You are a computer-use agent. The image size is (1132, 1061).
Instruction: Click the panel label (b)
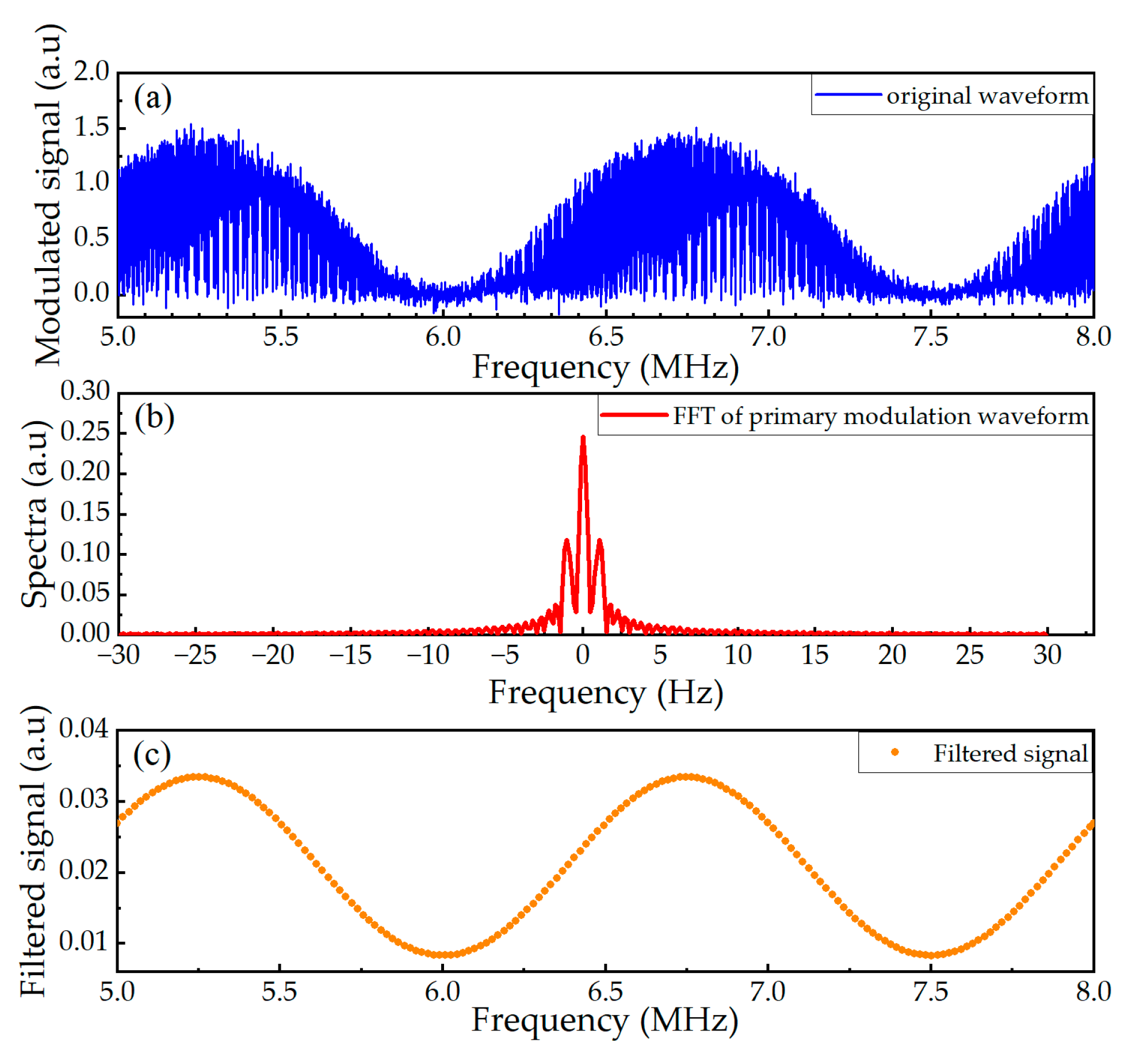click(154, 417)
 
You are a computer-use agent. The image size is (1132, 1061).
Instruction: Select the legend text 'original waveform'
click(987, 96)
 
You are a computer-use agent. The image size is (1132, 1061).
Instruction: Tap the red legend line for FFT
click(633, 415)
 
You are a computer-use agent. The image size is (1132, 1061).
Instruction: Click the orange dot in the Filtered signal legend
click(894, 752)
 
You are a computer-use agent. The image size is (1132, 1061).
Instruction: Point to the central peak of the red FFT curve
click(583, 438)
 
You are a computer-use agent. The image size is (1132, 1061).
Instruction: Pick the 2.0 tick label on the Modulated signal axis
click(91, 71)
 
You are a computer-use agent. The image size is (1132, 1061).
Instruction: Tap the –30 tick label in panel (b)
click(118, 655)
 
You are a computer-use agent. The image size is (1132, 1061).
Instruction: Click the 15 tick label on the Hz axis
click(814, 655)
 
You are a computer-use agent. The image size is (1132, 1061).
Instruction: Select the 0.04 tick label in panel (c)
click(83, 729)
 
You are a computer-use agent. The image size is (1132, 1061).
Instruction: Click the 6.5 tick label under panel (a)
click(606, 337)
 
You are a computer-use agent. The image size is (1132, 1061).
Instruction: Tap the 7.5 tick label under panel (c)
click(930, 991)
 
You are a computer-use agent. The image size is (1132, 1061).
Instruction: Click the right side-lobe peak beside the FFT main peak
click(600, 541)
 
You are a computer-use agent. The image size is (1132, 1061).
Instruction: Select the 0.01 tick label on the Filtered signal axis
click(83, 941)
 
